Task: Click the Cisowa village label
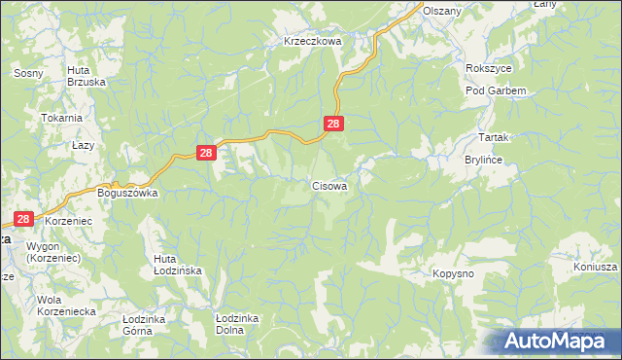[329, 184]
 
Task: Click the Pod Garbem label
[496, 90]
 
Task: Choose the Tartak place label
[495, 138]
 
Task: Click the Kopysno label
[453, 275]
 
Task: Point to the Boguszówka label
[128, 193]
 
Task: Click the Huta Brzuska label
[86, 76]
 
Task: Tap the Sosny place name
[25, 73]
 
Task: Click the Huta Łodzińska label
[177, 266]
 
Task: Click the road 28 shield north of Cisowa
[333, 124]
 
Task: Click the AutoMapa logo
[558, 341]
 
